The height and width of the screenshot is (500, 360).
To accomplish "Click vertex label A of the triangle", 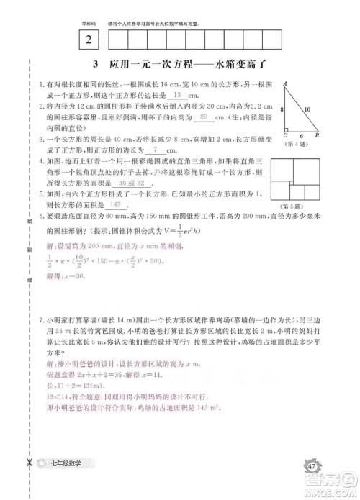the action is [286, 83].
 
